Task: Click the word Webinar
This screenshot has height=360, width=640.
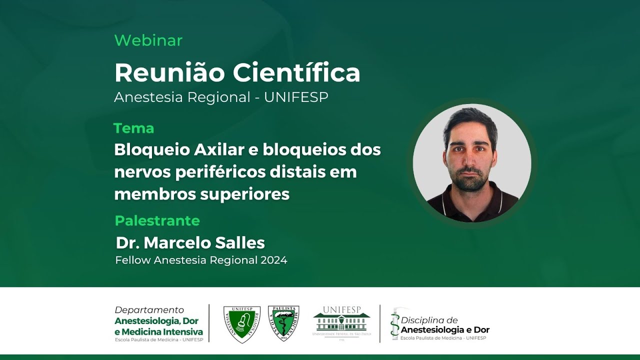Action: [148, 40]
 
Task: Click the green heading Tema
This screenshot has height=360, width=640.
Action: [133, 128]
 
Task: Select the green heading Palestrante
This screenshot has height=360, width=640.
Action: [157, 220]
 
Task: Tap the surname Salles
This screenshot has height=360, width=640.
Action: [239, 243]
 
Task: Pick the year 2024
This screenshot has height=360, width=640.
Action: [273, 260]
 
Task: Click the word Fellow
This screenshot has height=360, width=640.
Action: [133, 260]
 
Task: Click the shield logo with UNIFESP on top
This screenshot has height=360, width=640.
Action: [241, 324]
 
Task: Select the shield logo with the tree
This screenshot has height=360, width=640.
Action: [283, 323]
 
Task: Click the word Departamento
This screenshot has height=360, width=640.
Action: [149, 310]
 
